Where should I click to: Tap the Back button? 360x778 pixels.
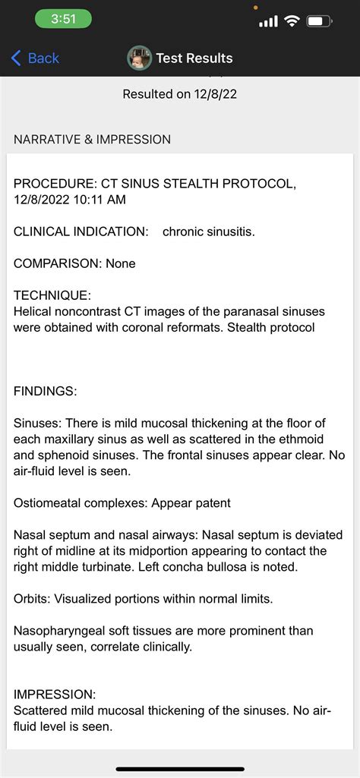(x=35, y=58)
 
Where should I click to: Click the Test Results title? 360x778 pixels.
(x=194, y=58)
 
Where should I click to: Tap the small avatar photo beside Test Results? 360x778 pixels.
(x=139, y=58)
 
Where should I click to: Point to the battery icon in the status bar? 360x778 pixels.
(x=319, y=21)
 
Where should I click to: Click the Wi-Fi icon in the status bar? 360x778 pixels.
(x=292, y=21)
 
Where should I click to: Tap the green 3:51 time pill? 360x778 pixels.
(x=63, y=20)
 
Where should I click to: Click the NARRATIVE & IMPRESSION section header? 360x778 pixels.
(x=92, y=140)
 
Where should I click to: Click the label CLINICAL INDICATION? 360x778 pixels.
(x=81, y=232)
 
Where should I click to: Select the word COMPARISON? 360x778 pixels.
(x=56, y=263)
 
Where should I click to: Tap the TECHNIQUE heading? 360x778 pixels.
(x=52, y=295)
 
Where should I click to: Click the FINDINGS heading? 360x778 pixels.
(x=45, y=391)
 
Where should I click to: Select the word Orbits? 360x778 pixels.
(x=30, y=599)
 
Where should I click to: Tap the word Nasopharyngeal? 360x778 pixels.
(x=58, y=631)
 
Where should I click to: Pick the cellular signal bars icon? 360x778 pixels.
(x=268, y=21)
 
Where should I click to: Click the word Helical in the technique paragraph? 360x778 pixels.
(x=33, y=311)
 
